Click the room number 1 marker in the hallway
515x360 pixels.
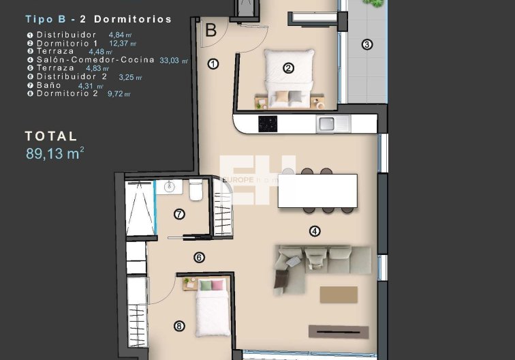click(213, 64)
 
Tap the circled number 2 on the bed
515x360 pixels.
click(288, 67)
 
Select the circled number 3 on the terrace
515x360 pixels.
click(367, 45)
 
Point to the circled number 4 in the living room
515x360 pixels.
click(314, 231)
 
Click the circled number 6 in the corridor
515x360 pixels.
click(199, 258)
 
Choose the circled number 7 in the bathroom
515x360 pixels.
click(179, 214)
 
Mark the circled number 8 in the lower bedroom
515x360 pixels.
click(179, 326)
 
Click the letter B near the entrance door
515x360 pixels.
click(210, 30)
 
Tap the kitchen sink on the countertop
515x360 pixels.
click(326, 123)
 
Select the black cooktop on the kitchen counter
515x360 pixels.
click(267, 123)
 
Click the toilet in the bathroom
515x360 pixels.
click(196, 192)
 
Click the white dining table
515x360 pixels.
click(317, 190)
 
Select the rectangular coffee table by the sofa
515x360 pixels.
click(339, 295)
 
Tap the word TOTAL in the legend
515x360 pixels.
click(51, 136)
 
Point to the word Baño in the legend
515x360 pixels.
click(49, 85)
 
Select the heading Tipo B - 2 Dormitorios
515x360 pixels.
click(99, 19)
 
